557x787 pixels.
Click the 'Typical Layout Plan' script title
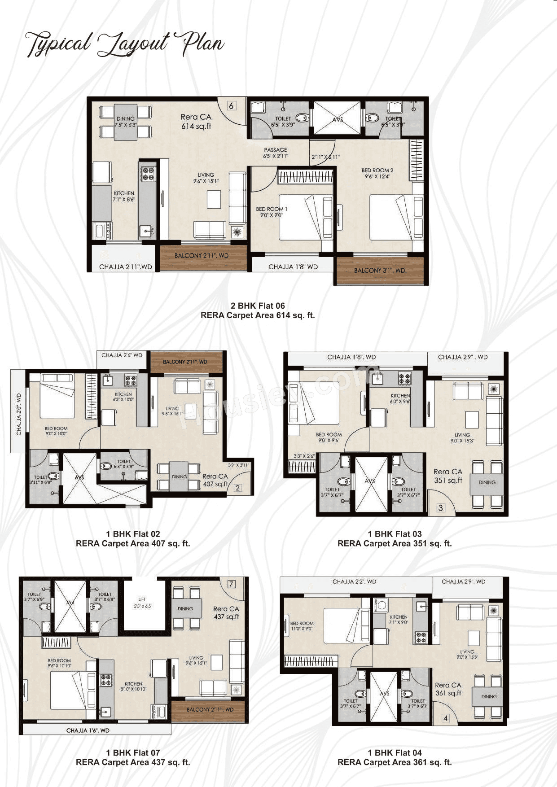124,44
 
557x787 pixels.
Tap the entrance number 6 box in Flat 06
231,106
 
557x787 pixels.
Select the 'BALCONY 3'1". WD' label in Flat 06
379,271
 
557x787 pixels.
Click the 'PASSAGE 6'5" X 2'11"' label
276,153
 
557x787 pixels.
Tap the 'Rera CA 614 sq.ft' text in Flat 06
196,122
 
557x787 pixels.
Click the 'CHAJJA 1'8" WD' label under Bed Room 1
293,267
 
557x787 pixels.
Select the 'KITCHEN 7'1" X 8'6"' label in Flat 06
124,196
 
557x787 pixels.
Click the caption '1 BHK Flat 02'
133,534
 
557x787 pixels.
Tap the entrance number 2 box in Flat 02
237,488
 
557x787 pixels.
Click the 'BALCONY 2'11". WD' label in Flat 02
185,362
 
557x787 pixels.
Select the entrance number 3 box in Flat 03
441,508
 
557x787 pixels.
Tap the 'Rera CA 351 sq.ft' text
448,476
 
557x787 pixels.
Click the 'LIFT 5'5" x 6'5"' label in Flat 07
143,603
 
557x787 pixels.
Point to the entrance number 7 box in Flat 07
231,584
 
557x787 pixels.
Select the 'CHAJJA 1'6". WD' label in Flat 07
88,730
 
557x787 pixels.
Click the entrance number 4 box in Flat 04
446,718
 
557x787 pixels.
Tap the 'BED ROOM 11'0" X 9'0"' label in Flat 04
302,626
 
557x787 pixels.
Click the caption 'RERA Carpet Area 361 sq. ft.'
395,762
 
